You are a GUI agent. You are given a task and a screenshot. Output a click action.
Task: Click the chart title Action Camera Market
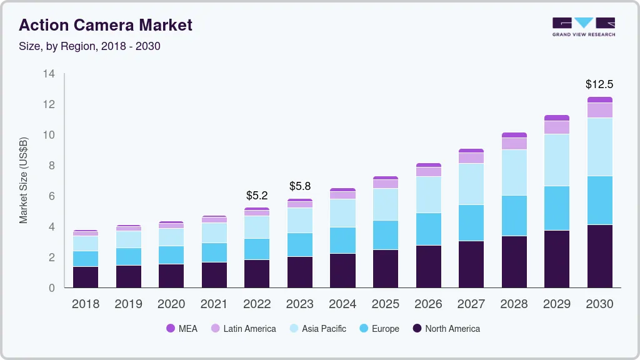click(106, 25)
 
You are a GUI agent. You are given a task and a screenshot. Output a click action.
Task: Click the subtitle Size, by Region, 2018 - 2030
click(94, 46)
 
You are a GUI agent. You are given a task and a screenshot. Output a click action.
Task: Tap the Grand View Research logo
click(583, 26)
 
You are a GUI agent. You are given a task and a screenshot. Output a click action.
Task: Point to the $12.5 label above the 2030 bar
click(599, 84)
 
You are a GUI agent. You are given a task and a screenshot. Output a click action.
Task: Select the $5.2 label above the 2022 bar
click(257, 195)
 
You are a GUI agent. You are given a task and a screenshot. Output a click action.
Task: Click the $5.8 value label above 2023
click(299, 186)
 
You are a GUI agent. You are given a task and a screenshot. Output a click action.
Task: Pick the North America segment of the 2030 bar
click(599, 256)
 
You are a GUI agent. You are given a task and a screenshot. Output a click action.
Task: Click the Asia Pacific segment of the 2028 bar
click(514, 172)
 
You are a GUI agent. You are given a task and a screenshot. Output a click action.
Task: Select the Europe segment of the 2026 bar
click(428, 229)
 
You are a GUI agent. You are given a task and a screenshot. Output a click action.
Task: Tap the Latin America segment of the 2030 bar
click(599, 110)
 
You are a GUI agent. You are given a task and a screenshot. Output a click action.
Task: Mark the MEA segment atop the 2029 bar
click(556, 117)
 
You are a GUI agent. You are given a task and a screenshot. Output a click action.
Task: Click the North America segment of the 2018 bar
click(86, 277)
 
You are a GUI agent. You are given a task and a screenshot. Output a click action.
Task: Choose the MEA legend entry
click(181, 329)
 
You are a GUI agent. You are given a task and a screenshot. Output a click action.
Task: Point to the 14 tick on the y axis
click(49, 74)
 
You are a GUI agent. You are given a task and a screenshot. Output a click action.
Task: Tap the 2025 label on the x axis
click(385, 304)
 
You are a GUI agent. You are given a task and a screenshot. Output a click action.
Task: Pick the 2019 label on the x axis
click(128, 304)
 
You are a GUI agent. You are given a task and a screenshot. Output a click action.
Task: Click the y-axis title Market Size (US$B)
click(24, 181)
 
